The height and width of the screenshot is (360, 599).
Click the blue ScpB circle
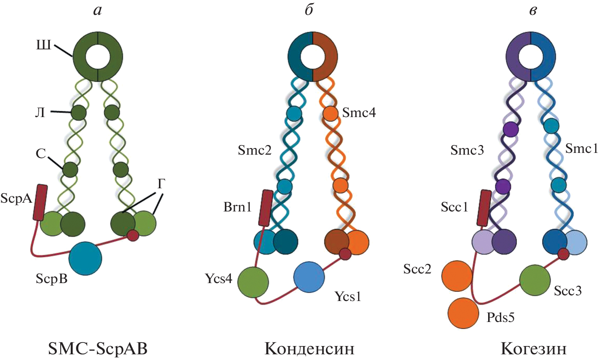(x=85, y=258)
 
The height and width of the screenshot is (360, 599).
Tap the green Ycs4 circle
(x=253, y=282)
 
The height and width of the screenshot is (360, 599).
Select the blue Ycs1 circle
(x=309, y=277)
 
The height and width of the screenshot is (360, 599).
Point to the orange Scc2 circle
(x=457, y=276)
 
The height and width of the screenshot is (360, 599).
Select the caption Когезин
(x=534, y=349)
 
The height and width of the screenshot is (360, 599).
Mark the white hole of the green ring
(x=98, y=57)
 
